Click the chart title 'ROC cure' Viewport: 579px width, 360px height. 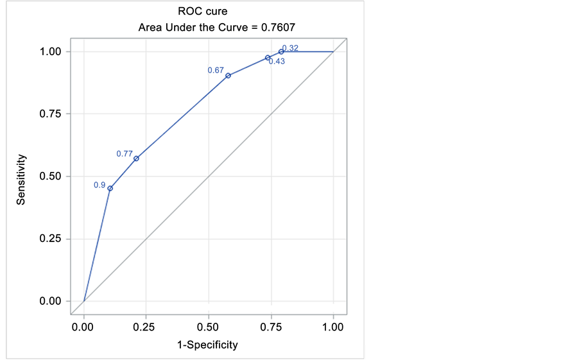(x=202, y=11)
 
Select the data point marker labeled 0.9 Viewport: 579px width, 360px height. (x=110, y=188)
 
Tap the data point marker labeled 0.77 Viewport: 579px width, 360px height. (x=136, y=159)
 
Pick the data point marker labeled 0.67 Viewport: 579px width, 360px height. (x=228, y=75)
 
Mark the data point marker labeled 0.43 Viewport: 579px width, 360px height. (x=268, y=58)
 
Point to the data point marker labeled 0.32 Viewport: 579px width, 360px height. (x=281, y=51)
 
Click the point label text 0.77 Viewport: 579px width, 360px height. (x=124, y=154)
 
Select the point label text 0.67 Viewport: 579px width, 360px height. (x=215, y=70)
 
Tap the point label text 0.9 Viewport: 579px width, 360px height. (x=99, y=185)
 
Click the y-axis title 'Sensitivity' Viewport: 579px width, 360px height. (x=21, y=178)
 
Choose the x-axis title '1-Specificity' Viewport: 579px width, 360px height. (x=207, y=345)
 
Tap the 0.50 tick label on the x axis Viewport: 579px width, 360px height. (x=208, y=327)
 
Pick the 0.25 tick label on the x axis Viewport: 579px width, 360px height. (x=146, y=327)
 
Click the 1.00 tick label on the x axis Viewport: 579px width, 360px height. (x=333, y=327)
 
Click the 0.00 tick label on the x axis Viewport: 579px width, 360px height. (x=83, y=327)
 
